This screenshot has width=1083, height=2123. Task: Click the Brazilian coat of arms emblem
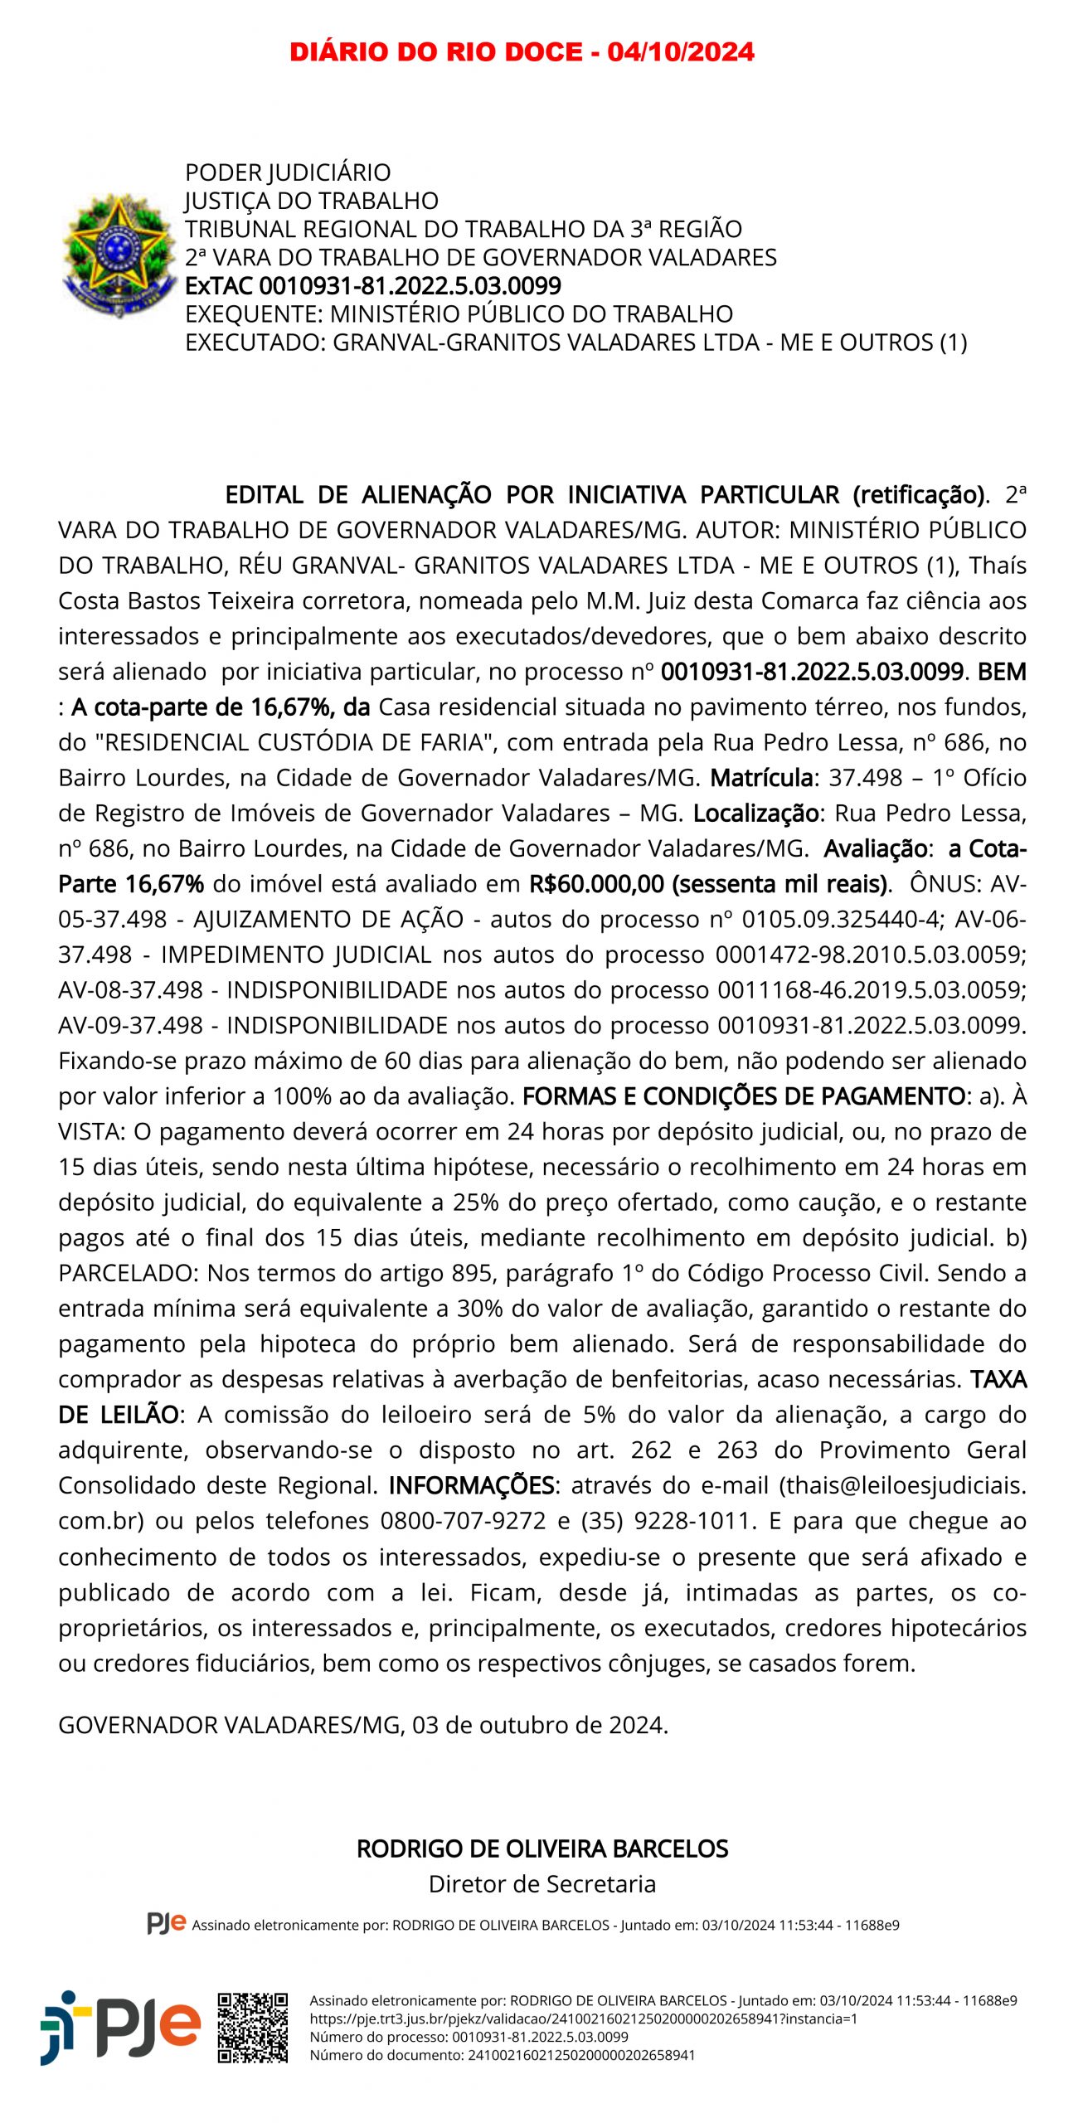(x=119, y=255)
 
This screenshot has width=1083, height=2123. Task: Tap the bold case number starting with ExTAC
(x=373, y=286)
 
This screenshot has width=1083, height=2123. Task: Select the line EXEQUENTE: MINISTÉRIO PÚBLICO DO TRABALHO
(x=459, y=314)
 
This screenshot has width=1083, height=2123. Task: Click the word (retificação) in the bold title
(x=918, y=495)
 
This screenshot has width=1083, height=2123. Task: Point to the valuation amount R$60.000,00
(x=597, y=884)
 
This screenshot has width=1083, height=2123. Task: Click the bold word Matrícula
(x=761, y=778)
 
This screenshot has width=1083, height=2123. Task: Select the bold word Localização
(x=755, y=814)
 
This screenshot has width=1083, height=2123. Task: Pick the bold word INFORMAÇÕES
(x=471, y=1485)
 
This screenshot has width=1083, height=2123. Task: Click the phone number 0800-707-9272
(x=463, y=1521)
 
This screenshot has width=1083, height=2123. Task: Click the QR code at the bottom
(x=253, y=2028)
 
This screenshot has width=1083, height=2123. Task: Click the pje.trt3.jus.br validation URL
(x=583, y=2019)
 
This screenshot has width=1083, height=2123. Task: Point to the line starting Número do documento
(x=502, y=2055)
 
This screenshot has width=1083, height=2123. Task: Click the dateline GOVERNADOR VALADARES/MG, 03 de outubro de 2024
(x=363, y=1725)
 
